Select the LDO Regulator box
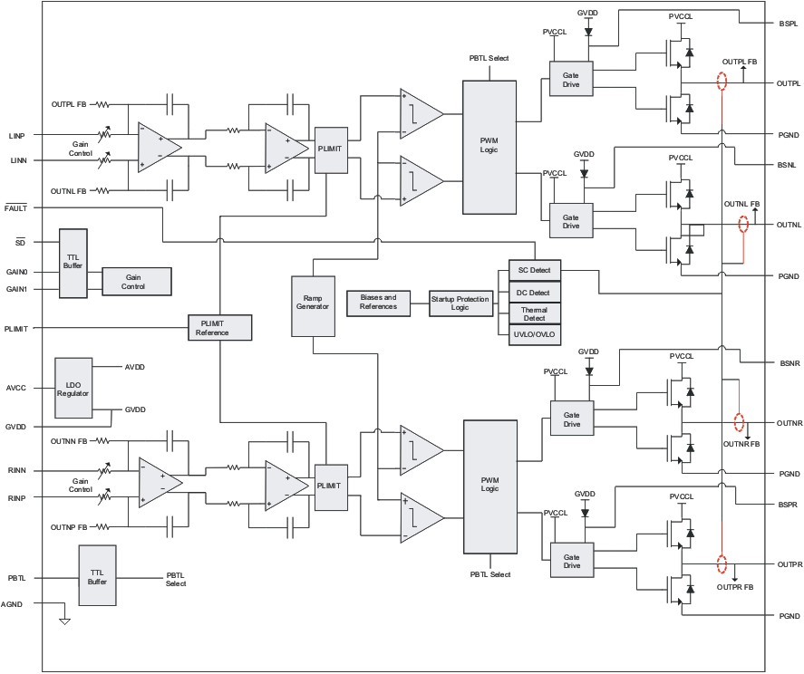[x=73, y=388]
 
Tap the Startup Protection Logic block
[x=460, y=302]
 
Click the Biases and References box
[x=378, y=302]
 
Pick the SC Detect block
[x=534, y=271]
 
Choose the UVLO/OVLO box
[x=534, y=335]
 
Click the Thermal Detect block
[x=534, y=313]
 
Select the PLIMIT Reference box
[x=218, y=327]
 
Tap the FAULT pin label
[x=16, y=208]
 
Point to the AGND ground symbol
[x=64, y=621]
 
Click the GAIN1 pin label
[x=16, y=289]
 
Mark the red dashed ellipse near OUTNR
[x=739, y=422]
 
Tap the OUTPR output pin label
[x=789, y=563]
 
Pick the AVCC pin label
[x=16, y=388]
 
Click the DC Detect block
[x=534, y=293]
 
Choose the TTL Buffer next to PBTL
[x=99, y=577]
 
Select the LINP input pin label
[x=16, y=135]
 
